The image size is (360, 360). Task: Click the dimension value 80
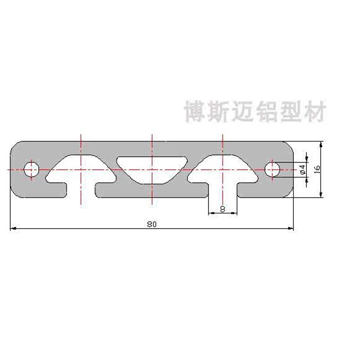151,224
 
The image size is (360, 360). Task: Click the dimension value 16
316,169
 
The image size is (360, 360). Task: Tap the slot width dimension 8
222,209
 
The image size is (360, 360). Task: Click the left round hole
32,169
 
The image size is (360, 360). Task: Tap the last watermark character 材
314,111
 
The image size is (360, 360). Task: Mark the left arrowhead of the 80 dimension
13,229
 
